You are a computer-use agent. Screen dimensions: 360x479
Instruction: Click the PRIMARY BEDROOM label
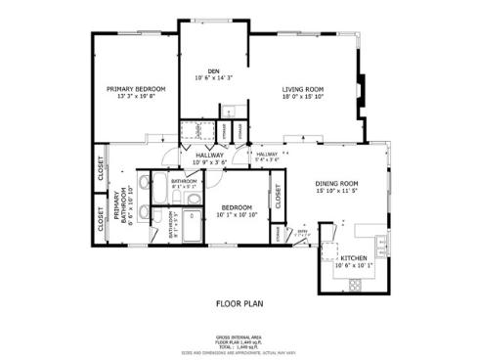tap(136, 88)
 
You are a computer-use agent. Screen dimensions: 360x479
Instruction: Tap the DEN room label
tap(213, 69)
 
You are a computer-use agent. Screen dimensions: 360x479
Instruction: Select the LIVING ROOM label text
tap(303, 88)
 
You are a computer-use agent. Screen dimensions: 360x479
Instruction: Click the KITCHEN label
tap(353, 258)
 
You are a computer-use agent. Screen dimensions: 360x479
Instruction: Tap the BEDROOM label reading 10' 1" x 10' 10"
tap(237, 206)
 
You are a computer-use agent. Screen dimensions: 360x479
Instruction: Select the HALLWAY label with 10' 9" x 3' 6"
tap(209, 155)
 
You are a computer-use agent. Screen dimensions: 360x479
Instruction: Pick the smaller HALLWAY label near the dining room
tap(267, 154)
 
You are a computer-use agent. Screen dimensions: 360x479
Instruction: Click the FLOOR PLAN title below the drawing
tap(239, 303)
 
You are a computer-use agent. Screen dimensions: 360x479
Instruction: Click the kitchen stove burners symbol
tap(353, 285)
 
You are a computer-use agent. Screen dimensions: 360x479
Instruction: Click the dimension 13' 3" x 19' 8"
tap(136, 95)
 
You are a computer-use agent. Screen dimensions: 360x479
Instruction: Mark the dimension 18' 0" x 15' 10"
tap(303, 95)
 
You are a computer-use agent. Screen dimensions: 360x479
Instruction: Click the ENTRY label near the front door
tap(304, 233)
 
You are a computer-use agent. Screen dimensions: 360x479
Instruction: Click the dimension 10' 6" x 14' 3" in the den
tap(213, 76)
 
